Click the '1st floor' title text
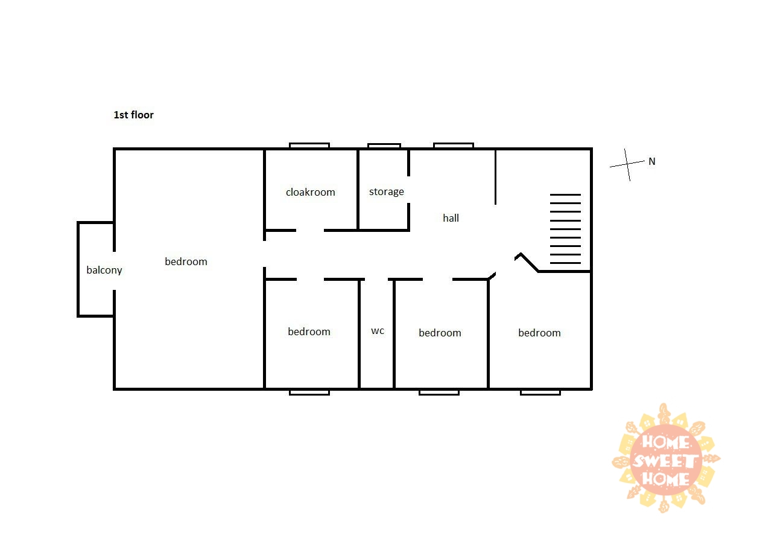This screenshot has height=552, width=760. click(x=133, y=115)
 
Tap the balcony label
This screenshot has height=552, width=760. click(x=104, y=271)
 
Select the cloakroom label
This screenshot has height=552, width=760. click(x=311, y=192)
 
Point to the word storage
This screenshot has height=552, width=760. click(x=387, y=192)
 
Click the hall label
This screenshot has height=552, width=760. click(x=451, y=218)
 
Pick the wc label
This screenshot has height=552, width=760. click(x=378, y=331)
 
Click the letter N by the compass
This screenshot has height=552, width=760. click(x=652, y=161)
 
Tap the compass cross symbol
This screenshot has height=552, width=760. click(x=627, y=164)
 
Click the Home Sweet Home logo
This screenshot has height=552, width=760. click(x=666, y=458)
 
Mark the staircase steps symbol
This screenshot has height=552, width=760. click(x=565, y=229)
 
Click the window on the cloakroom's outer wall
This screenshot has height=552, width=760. click(x=309, y=146)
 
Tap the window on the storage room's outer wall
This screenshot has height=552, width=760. click(x=384, y=146)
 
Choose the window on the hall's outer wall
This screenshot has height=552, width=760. click(x=454, y=146)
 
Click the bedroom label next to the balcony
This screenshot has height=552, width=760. click(x=186, y=262)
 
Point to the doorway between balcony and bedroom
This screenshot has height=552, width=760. click(x=115, y=271)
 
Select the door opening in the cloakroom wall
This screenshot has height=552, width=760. click(x=310, y=230)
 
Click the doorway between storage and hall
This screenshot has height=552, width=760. click(x=408, y=190)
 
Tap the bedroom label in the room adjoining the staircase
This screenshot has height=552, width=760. click(x=539, y=333)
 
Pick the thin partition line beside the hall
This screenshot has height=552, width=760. click(x=495, y=177)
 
